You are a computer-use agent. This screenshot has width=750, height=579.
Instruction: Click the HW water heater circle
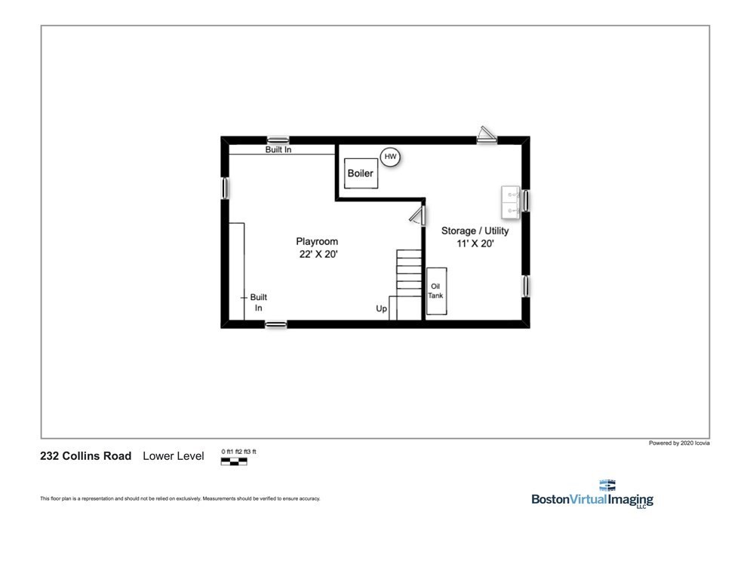pos(390,157)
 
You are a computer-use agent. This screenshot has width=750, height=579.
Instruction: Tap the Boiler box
pos(360,173)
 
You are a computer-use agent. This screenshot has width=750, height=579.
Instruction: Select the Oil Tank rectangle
pos(436,291)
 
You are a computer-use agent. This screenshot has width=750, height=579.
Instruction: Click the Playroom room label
pos(317,241)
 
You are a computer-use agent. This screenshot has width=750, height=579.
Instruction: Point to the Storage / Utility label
pos(475,231)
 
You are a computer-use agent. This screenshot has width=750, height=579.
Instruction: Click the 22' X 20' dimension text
pos(318,255)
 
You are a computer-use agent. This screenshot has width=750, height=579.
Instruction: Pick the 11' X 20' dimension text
pos(475,244)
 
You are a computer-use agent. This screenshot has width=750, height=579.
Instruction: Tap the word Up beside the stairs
pos(382,309)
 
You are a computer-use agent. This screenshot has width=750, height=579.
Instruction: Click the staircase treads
pos(408,275)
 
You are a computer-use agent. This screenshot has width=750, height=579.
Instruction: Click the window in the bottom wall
pos(276,324)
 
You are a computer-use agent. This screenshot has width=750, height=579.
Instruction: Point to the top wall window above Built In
pos(278,140)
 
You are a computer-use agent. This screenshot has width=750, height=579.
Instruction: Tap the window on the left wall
pos(225,188)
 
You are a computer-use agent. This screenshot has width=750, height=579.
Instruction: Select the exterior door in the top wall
pos(487,136)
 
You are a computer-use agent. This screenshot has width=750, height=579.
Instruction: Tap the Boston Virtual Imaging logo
pos(592,495)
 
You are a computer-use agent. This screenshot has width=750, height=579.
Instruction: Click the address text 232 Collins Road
pos(85,456)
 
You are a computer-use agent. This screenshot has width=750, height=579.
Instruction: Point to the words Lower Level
pos(174,456)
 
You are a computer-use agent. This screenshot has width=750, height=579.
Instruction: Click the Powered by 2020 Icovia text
pos(678,443)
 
